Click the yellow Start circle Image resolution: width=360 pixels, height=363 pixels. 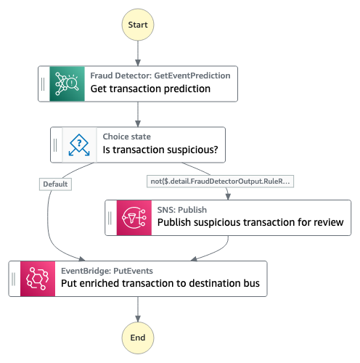tap(138, 25)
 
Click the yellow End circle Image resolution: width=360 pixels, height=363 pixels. tap(138, 338)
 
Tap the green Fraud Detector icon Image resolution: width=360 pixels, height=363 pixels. tap(67, 83)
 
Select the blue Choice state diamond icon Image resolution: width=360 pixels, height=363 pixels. tap(79, 144)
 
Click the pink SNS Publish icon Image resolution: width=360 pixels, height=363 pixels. tap(134, 218)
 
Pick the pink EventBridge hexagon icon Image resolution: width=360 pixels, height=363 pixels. tap(38, 279)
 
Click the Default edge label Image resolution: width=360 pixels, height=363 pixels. tap(55, 184)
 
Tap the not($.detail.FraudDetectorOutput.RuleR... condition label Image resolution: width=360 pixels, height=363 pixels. tap(220, 181)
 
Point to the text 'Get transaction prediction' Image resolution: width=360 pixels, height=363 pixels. tap(150, 89)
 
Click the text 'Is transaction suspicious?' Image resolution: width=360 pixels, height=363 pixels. tap(160, 150)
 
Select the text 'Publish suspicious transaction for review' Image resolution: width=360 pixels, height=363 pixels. tap(250, 222)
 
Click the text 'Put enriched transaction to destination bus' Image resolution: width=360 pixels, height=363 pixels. tap(160, 283)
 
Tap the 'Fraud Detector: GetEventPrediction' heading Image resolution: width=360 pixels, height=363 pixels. tap(160, 76)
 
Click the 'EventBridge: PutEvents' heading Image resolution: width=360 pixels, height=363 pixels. tap(107, 271)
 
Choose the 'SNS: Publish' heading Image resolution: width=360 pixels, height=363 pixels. tap(182, 210)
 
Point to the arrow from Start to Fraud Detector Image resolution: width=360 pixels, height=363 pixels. tap(138, 53)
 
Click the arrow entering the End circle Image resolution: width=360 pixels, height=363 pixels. tap(138, 309)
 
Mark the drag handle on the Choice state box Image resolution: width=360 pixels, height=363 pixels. tap(55, 145)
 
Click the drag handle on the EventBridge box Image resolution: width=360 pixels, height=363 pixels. tap(14, 279)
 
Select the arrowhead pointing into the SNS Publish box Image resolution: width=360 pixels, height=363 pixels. tap(228, 197)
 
